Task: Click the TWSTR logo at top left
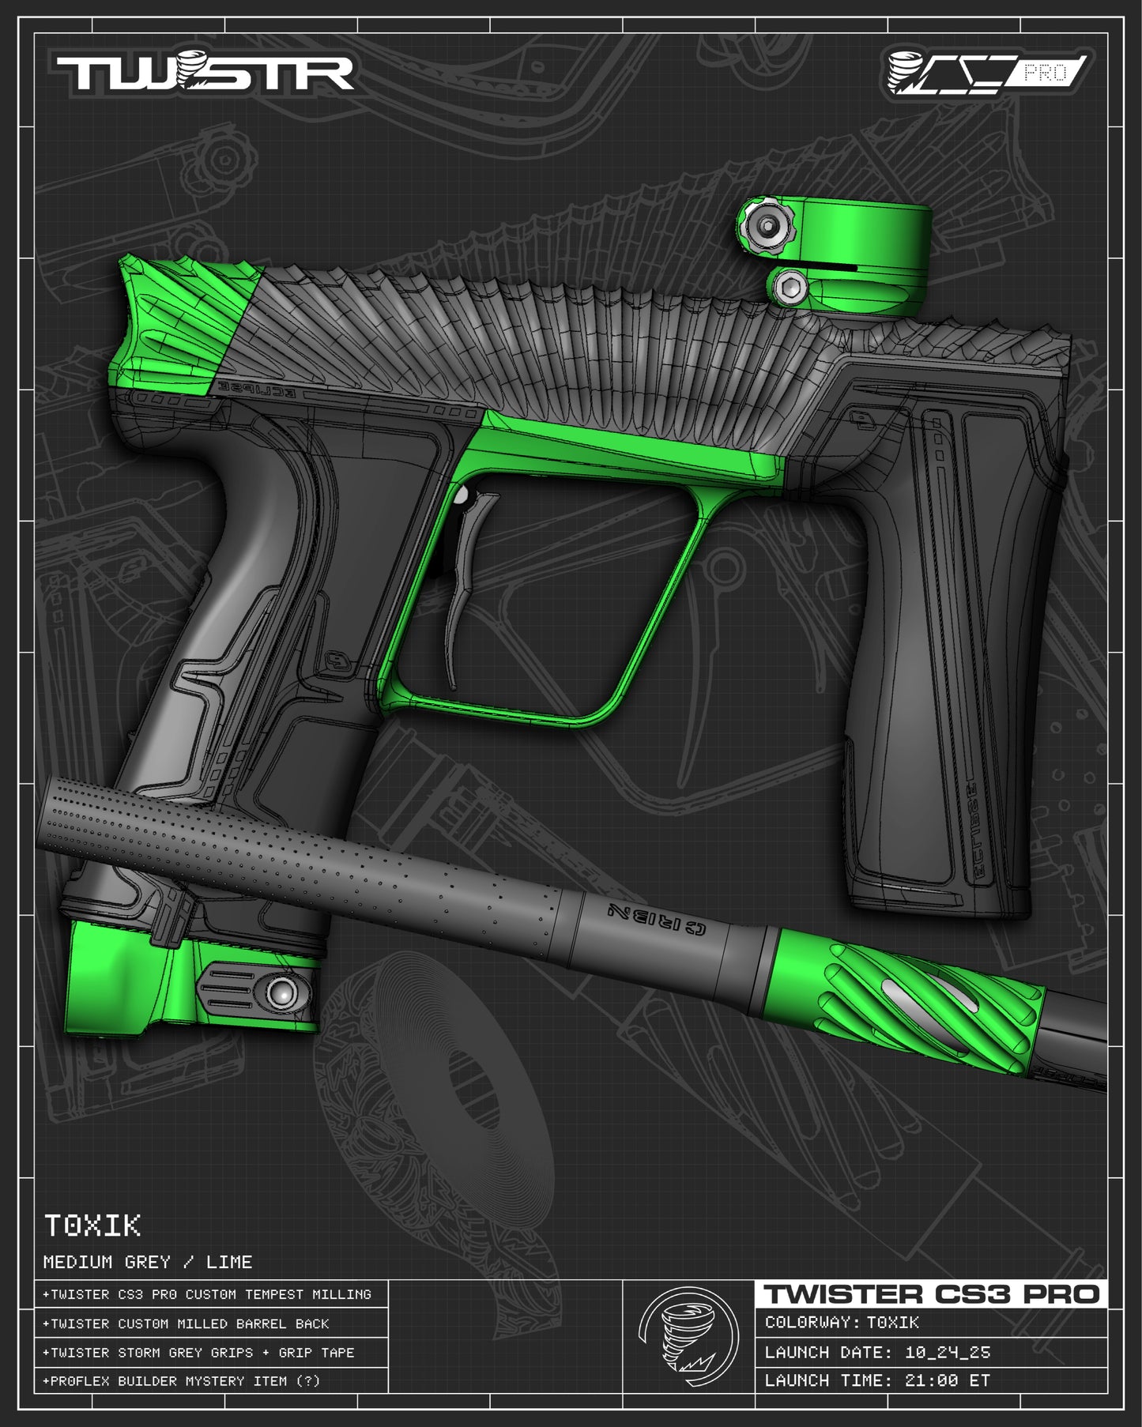click(x=204, y=73)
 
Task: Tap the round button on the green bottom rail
click(x=281, y=992)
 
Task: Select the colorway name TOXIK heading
click(x=92, y=1226)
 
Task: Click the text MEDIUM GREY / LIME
click(x=148, y=1262)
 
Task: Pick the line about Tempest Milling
click(x=207, y=1295)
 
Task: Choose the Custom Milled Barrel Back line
click(x=187, y=1323)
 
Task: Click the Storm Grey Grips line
click(x=198, y=1353)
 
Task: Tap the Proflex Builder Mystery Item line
click(x=182, y=1381)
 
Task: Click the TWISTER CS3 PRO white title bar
click(x=931, y=1294)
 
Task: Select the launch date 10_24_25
click(x=947, y=1353)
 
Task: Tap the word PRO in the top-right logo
click(x=1045, y=73)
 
